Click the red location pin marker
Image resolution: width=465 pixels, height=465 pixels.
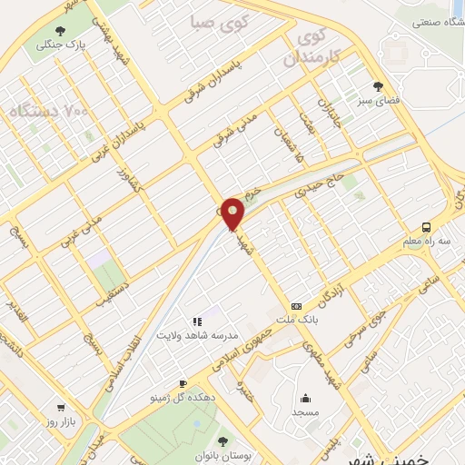[233, 213]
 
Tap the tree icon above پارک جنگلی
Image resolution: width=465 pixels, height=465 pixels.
[44, 27]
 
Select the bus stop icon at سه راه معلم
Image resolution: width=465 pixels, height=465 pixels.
[427, 228]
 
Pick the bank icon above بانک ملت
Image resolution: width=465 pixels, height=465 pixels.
[296, 307]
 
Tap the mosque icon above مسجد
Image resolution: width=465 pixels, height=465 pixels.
[306, 398]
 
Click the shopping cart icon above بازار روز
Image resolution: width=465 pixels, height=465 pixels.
[61, 409]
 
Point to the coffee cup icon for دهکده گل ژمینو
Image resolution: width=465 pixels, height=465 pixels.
[183, 384]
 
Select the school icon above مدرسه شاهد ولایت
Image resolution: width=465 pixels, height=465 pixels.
[197, 322]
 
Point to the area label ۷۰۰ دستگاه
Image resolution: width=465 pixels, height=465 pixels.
[50, 113]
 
